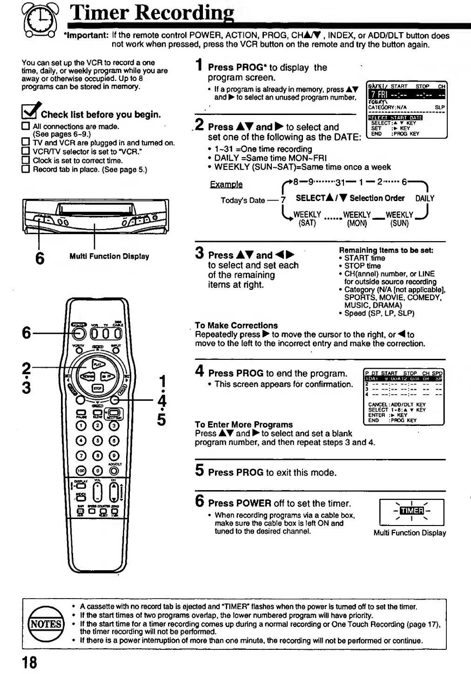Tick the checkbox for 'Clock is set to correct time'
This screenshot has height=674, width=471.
tap(26, 161)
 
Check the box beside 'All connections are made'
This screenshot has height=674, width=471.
tap(26, 126)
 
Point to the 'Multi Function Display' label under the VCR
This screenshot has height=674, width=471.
tap(109, 256)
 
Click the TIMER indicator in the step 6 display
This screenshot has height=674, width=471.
tap(412, 511)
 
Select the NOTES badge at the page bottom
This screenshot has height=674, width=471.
tap(46, 624)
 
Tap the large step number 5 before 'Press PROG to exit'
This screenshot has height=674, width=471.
tap(199, 471)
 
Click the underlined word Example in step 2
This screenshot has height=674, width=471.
tap(226, 184)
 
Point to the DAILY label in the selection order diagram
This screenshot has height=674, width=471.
tap(424, 198)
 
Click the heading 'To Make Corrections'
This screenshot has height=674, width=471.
tap(236, 325)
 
